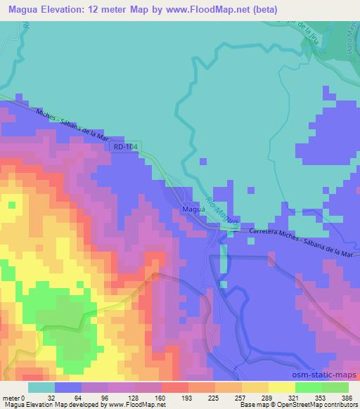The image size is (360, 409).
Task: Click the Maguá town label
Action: pos(193,209)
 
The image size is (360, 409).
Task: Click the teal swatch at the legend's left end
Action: pos(41,387)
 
